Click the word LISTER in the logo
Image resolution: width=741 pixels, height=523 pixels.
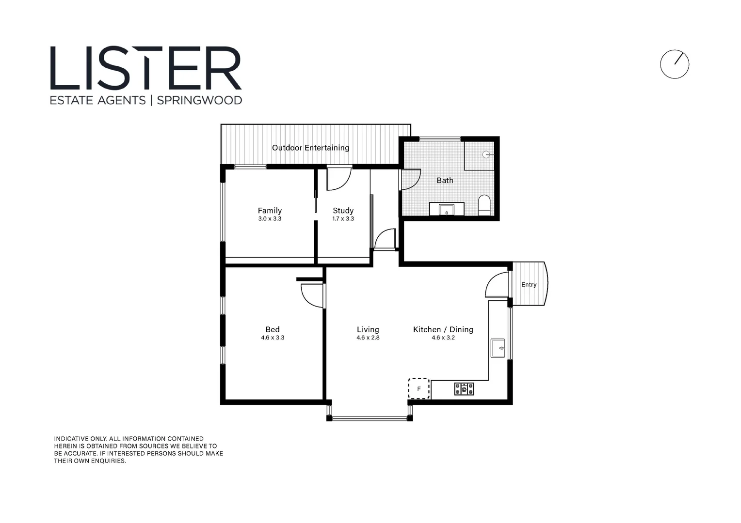coord(145,68)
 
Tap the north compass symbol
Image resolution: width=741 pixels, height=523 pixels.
coord(674,64)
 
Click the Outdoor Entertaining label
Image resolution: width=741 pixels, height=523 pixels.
coord(310,148)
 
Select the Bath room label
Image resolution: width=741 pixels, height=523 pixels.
coord(445,180)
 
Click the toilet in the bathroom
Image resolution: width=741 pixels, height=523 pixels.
coord(484,205)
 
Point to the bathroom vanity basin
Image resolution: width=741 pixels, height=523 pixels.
coord(447,210)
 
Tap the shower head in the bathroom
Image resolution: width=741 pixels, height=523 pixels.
coord(486,155)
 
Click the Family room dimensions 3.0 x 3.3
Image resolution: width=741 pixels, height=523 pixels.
coord(270,219)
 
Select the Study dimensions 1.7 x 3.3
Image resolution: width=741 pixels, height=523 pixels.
coord(343,219)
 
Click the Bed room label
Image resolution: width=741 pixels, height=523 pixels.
coord(272,329)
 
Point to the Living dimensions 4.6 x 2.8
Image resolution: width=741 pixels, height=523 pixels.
coord(368,338)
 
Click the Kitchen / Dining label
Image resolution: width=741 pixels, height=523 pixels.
coord(443,329)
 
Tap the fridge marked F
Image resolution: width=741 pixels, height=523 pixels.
coord(419,389)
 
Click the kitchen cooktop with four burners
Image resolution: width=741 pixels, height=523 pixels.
coord(464,389)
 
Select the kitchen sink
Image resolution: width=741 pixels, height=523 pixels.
coord(498,348)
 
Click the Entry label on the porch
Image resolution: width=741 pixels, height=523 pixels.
coord(529,285)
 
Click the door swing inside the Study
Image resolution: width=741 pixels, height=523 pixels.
coord(338,178)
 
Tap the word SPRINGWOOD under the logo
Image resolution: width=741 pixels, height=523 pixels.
coord(199,100)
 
